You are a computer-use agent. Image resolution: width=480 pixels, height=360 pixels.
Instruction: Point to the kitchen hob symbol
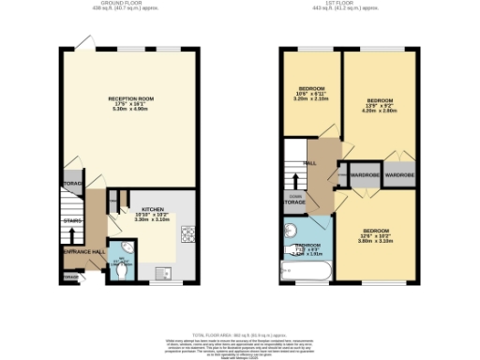coord(186,234)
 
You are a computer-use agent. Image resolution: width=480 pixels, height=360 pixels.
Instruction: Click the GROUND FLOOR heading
coord(129,5)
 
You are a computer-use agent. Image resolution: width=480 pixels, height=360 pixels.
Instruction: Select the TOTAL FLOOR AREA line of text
coord(241,333)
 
